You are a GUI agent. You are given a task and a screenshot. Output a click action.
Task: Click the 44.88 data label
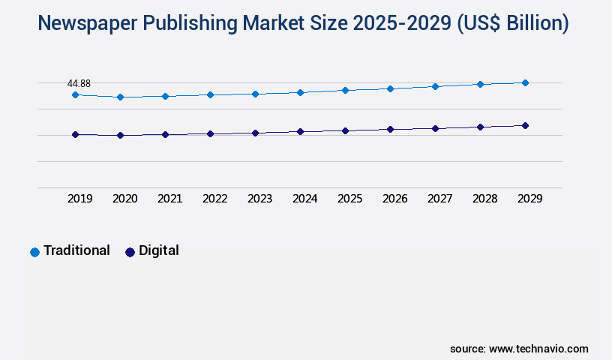click(x=79, y=83)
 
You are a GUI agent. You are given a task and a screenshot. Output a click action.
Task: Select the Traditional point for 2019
click(x=75, y=95)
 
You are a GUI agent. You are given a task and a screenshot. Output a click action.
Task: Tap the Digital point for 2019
click(x=75, y=135)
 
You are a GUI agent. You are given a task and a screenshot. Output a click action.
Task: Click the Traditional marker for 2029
click(x=525, y=82)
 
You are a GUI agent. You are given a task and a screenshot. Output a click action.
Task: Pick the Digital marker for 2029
click(x=525, y=125)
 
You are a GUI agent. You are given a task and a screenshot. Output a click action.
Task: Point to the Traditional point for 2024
click(x=300, y=92)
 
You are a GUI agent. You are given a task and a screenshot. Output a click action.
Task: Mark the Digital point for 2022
click(x=210, y=133)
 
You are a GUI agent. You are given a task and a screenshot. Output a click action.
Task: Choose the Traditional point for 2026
click(x=390, y=88)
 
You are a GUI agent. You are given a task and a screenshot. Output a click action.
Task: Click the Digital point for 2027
click(x=435, y=128)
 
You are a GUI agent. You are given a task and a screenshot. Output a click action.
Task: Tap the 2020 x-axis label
click(x=124, y=199)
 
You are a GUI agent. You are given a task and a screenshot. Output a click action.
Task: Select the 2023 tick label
click(x=259, y=199)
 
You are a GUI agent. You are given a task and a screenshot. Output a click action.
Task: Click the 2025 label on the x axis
click(x=349, y=199)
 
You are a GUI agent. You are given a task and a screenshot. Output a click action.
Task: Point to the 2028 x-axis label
click(x=484, y=199)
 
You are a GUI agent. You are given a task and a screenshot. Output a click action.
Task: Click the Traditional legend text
click(x=76, y=250)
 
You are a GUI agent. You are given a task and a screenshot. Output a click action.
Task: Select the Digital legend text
click(x=158, y=250)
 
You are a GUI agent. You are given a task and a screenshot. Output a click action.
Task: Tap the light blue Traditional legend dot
click(x=34, y=252)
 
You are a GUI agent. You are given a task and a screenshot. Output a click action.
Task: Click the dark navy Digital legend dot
click(x=130, y=252)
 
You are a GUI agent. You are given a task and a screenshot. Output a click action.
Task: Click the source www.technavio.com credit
click(x=519, y=349)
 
